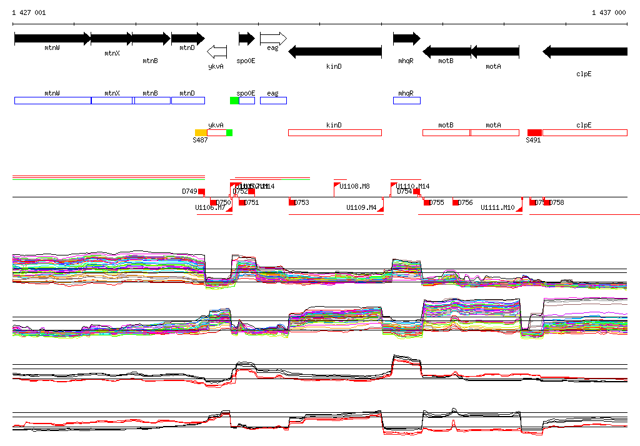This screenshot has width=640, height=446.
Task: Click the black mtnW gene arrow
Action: tap(52, 39)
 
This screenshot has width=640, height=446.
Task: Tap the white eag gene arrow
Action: tap(273, 38)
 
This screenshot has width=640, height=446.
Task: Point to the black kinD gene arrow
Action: tap(334, 52)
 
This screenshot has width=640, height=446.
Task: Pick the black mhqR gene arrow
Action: tap(406, 39)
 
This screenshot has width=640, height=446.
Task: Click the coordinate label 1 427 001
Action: tap(29, 13)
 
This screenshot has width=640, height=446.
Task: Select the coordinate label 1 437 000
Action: tap(609, 13)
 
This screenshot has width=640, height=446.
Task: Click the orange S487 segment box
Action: tap(201, 132)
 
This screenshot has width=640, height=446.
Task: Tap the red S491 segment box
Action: tap(534, 132)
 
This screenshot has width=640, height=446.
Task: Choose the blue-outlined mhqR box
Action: tap(406, 101)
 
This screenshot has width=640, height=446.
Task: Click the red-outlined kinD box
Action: tap(334, 132)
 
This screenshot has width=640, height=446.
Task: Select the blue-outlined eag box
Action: tap(273, 101)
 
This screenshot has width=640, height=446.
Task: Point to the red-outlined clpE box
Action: tap(584, 132)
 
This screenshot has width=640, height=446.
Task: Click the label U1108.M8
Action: tap(354, 187)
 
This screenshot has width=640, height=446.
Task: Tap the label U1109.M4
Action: tap(361, 207)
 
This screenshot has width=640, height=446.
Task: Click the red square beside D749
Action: tap(201, 191)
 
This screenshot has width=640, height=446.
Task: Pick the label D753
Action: tap(302, 202)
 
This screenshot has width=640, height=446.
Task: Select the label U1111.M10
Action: tap(497, 207)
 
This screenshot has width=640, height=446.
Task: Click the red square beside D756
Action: tap(456, 202)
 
